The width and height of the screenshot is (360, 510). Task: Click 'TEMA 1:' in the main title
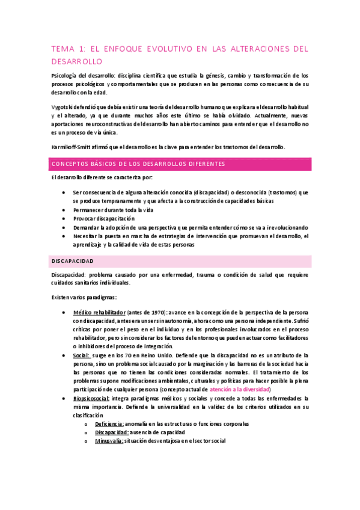pyautogui.click(x=69, y=49)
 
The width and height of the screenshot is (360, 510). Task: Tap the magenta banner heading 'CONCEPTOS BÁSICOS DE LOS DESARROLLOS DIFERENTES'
pyautogui.click(x=138, y=164)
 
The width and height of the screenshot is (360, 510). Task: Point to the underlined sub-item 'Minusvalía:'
pyautogui.click(x=109, y=441)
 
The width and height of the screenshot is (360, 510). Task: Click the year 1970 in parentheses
pyautogui.click(x=154, y=313)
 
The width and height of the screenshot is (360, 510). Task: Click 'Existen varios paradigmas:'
pyautogui.click(x=84, y=297)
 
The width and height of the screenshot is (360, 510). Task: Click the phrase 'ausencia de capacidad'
pyautogui.click(x=157, y=432)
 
